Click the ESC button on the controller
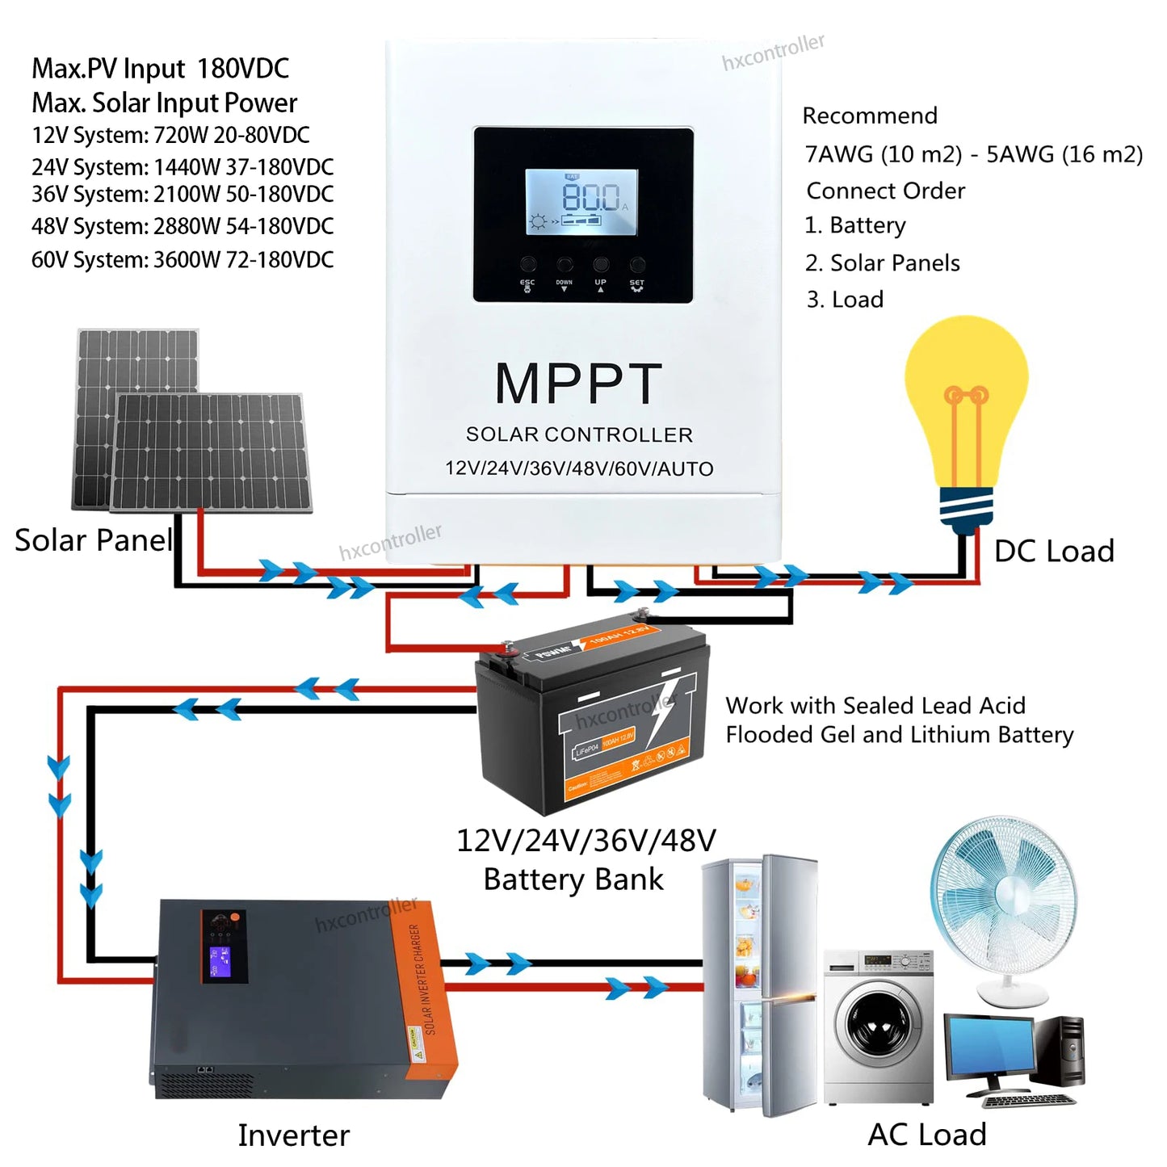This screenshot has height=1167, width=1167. (x=528, y=264)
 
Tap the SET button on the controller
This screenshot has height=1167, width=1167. (x=637, y=264)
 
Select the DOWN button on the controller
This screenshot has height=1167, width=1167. (x=565, y=264)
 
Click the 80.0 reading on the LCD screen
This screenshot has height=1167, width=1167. (x=590, y=197)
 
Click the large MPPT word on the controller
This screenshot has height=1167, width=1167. (x=578, y=384)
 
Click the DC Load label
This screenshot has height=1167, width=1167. (x=1053, y=551)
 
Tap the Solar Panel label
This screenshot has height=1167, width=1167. (x=94, y=539)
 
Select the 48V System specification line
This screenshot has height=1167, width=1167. (x=183, y=226)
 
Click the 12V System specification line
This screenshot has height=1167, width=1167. (x=170, y=135)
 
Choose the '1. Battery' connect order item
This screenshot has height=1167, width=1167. (x=855, y=225)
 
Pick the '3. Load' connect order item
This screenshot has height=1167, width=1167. (x=845, y=300)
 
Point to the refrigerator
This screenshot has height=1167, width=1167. (x=759, y=985)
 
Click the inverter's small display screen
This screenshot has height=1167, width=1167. (x=220, y=961)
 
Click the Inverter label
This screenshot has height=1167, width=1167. (x=293, y=1135)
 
